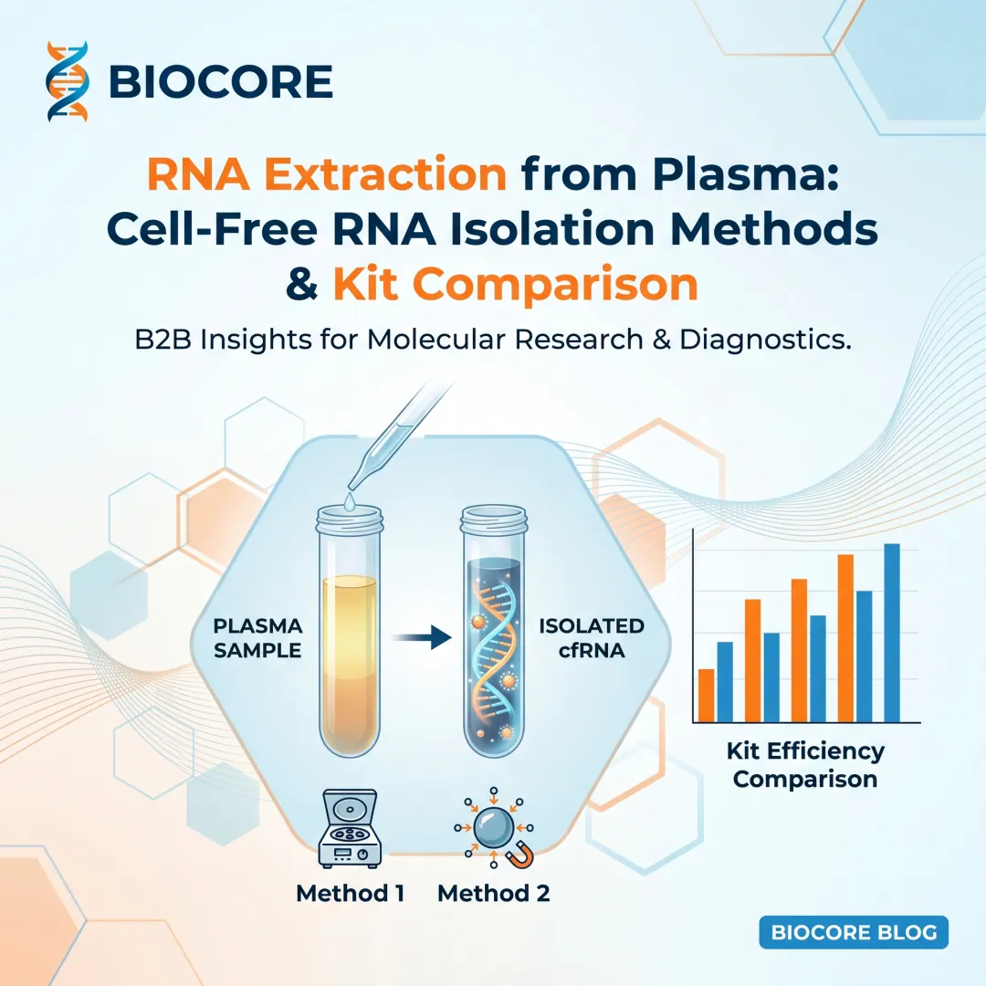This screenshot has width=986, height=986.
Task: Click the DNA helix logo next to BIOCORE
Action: point(68,81)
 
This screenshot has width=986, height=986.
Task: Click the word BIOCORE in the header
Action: point(220,82)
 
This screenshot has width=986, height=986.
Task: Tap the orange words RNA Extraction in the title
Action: point(327,173)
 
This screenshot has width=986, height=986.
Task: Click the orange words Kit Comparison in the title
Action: point(515,285)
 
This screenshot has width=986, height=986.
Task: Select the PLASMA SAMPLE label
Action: point(257,638)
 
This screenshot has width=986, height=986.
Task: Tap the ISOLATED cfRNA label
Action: point(591,638)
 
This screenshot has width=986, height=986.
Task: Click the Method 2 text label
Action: point(494,892)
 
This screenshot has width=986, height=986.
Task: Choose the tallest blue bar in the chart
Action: point(892,632)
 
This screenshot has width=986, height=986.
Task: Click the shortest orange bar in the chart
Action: point(706,695)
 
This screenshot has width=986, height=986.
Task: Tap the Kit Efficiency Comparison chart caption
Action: point(804,765)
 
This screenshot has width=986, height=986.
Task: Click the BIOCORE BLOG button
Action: point(854,933)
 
